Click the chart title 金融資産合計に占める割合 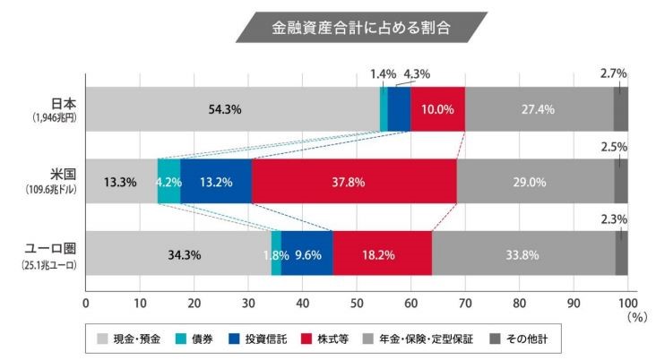(361, 28)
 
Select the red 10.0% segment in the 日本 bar (437, 109)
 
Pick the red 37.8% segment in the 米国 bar (353, 182)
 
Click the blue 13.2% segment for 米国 (215, 182)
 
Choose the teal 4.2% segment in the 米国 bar (168, 182)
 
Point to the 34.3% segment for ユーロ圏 (178, 254)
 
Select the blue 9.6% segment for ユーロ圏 (306, 254)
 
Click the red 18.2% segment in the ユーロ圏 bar (382, 254)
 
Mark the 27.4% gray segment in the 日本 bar (539, 109)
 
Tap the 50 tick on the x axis (357, 302)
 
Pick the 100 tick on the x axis (627, 302)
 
